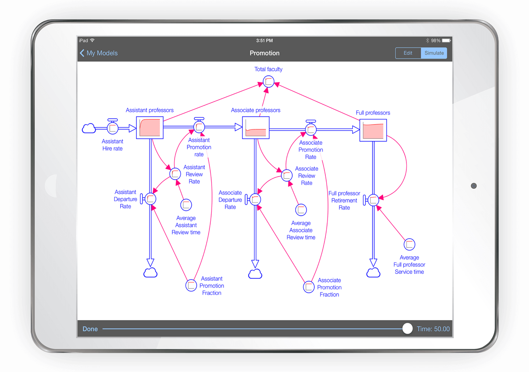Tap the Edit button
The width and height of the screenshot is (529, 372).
click(x=408, y=53)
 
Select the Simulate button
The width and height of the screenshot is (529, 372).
click(x=434, y=53)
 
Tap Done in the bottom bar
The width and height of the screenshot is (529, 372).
click(x=90, y=329)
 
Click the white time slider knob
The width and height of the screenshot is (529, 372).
click(x=407, y=329)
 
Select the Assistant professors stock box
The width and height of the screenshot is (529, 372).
click(x=150, y=128)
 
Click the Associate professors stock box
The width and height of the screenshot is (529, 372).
click(x=256, y=128)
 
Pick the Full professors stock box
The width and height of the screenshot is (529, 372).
click(x=373, y=130)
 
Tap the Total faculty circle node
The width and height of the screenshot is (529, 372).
click(x=268, y=81)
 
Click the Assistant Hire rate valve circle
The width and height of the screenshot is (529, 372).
click(x=112, y=128)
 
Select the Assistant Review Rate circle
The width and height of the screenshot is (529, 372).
click(x=175, y=173)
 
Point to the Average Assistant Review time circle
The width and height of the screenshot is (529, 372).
click(x=186, y=205)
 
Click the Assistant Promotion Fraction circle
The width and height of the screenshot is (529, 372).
click(x=191, y=285)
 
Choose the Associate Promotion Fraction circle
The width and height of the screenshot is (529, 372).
click(x=309, y=287)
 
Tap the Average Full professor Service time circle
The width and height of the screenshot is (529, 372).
click(x=410, y=244)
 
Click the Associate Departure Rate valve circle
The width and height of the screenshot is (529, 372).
click(x=255, y=200)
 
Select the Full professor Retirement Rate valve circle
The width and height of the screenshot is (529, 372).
click(x=373, y=200)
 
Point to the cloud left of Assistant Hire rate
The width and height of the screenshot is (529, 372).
click(x=89, y=128)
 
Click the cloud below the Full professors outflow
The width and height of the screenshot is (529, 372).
click(x=373, y=273)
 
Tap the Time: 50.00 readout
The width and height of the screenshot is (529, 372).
click(x=433, y=329)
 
